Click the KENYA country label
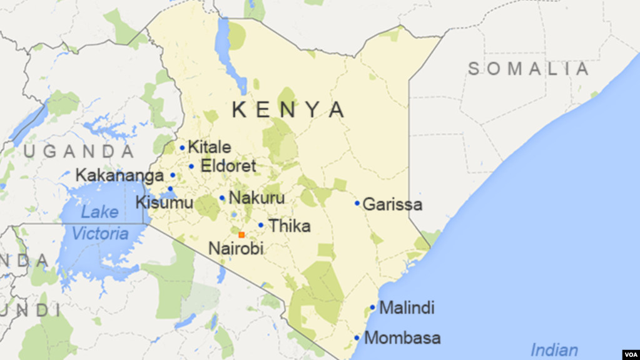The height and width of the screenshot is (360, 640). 288,110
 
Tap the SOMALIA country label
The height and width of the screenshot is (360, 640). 529,69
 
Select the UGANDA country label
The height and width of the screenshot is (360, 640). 79,152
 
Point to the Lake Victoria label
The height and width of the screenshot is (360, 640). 100,223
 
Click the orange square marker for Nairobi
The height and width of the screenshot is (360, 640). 241,235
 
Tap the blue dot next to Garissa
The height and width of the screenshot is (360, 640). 357,203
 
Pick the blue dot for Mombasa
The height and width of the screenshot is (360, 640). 357,337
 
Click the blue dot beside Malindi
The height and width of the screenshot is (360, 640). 372,307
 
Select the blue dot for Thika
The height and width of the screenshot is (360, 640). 261,225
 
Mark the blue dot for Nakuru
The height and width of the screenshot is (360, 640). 222,198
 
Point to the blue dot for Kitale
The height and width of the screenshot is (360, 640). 182,148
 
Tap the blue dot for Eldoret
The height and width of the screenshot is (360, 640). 191,166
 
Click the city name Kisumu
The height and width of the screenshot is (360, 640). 165,202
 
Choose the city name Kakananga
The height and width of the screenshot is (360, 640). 119,175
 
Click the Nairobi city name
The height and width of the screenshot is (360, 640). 236,248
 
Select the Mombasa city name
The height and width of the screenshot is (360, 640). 402,338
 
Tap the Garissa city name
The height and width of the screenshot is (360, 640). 392,204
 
